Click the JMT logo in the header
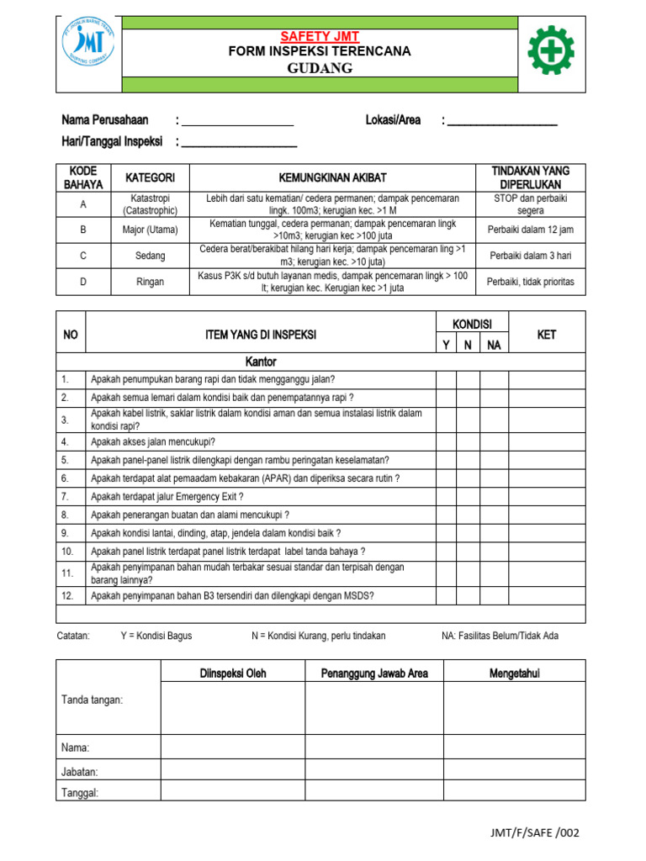point(89,51)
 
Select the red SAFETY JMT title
point(320,35)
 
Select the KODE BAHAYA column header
point(83,177)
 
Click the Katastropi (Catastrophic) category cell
point(150,204)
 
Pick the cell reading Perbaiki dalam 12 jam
point(530,230)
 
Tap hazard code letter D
point(83,282)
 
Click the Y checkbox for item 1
point(446,379)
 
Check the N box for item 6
point(468,478)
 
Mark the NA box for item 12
point(494,595)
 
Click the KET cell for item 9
point(547,533)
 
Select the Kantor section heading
point(261,362)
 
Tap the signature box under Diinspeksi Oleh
point(233,707)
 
